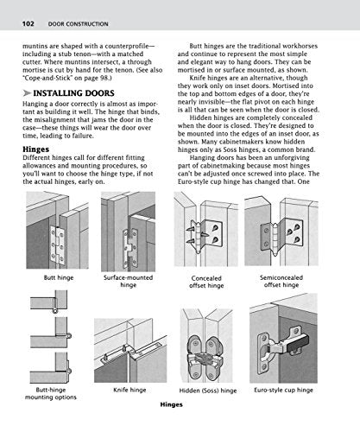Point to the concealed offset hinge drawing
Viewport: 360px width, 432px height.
(x=207, y=233)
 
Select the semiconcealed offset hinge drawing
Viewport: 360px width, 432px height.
(x=281, y=233)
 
